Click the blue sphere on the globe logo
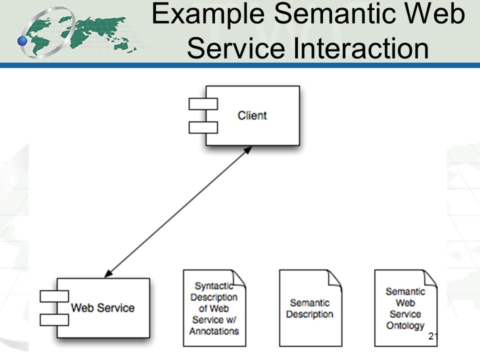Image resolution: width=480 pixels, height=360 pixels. point(22,40)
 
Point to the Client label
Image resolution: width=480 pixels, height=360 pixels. point(252,115)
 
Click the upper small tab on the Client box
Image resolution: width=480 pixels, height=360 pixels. point(203,104)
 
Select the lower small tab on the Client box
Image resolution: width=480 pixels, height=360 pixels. point(203,127)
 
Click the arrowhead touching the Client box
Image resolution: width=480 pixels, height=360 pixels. point(247,149)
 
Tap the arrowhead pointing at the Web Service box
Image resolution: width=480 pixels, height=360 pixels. point(108,273)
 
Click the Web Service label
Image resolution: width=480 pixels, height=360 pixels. point(103,307)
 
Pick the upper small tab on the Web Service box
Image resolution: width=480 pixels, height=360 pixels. point(54,296)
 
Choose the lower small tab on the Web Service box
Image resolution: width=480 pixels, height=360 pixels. point(54,320)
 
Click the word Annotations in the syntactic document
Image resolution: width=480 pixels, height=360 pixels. point(214,331)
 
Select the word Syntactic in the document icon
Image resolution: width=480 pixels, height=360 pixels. point(214,286)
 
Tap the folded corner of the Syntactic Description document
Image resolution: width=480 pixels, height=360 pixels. point(239,278)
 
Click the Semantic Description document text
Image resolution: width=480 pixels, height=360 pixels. point(310,308)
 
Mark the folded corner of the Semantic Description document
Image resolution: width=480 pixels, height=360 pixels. point(335,278)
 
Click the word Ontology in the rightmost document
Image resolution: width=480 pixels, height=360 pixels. point(405,325)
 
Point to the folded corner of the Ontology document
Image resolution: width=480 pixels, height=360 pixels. point(430,278)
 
